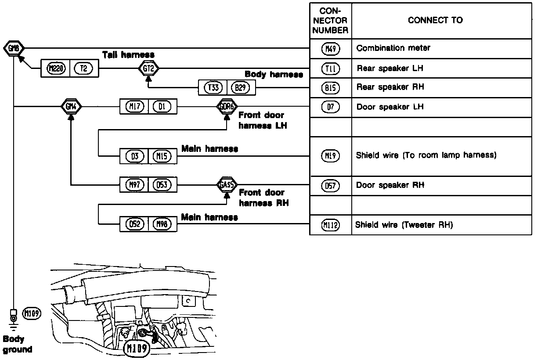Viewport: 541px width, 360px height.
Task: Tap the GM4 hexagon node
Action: click(71, 106)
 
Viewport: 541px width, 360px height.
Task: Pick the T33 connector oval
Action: click(213, 88)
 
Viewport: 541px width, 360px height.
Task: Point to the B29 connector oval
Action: click(241, 88)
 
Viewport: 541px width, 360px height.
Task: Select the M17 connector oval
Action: click(134, 106)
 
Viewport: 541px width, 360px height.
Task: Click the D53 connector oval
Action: click(162, 185)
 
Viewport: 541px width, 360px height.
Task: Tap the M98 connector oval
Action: click(162, 224)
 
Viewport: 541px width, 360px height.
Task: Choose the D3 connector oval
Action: click(134, 156)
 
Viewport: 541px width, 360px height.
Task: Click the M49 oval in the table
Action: click(331, 49)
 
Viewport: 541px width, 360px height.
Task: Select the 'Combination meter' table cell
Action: click(393, 48)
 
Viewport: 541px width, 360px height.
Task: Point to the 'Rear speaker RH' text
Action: click(390, 87)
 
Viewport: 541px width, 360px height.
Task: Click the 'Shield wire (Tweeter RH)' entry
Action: click(404, 225)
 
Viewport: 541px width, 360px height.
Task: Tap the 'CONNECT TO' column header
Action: click(435, 20)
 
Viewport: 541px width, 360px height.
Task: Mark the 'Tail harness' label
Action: click(128, 55)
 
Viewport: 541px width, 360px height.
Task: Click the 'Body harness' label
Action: click(274, 75)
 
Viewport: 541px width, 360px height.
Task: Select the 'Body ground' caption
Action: click(18, 344)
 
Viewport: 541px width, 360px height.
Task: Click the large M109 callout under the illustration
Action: click(137, 349)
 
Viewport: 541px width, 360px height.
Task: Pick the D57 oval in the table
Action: click(331, 186)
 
